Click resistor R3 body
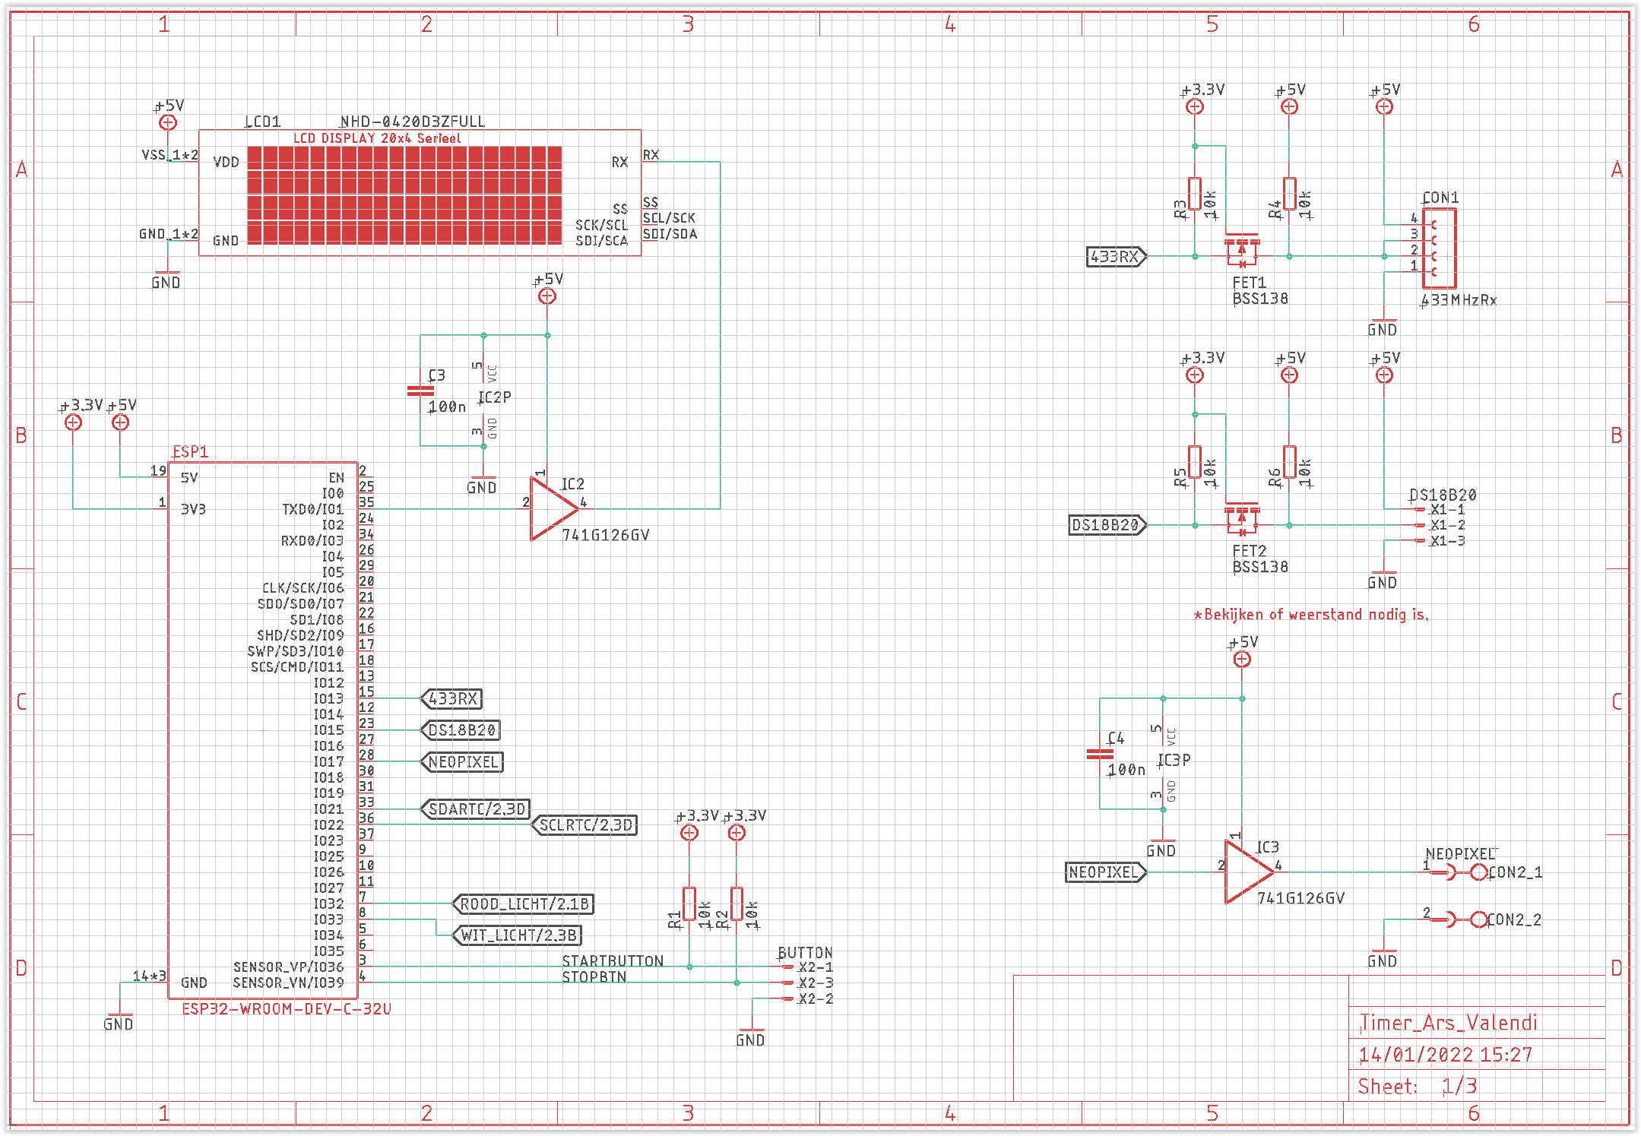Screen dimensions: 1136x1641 point(1195,194)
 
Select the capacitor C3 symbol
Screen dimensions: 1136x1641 point(420,391)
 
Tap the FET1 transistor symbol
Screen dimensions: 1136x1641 point(1242,251)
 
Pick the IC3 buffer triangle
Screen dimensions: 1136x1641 point(1247,872)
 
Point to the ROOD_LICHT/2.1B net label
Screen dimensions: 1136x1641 point(524,903)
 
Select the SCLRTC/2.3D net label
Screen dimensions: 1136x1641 point(584,824)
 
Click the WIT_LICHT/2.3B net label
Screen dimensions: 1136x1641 point(518,935)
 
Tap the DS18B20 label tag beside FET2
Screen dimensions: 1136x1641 point(1106,524)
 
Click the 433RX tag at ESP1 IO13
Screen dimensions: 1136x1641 point(452,698)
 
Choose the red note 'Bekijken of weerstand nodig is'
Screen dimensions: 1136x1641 point(1311,614)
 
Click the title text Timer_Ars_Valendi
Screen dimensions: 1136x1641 point(1449,1023)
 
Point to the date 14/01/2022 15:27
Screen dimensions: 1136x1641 point(1445,1055)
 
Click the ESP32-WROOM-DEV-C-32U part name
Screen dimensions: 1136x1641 point(287,1009)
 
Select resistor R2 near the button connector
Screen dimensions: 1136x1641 point(737,903)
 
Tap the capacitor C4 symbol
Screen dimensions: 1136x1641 point(1100,754)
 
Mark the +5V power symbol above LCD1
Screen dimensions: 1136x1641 point(168,122)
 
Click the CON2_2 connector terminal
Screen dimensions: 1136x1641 point(1478,919)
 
